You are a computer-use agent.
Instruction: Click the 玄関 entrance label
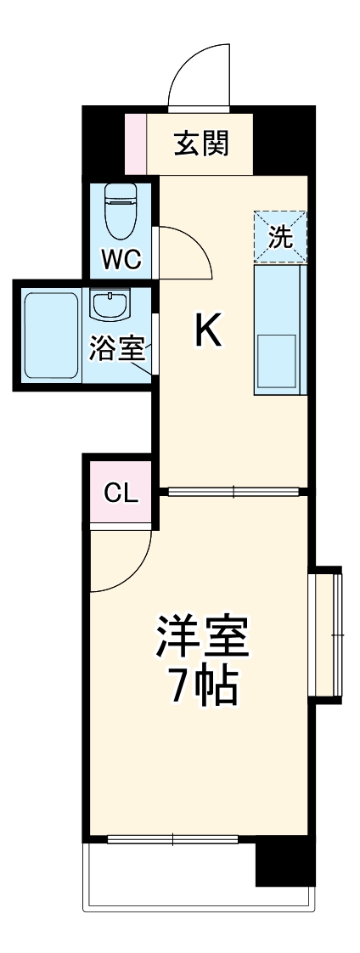click(201, 144)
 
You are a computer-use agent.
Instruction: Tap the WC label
click(121, 258)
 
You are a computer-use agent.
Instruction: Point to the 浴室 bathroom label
click(118, 349)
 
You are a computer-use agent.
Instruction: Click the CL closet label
click(121, 492)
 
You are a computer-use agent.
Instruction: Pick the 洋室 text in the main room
click(201, 635)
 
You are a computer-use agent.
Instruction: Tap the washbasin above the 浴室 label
click(109, 305)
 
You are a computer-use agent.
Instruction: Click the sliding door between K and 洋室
click(233, 491)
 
